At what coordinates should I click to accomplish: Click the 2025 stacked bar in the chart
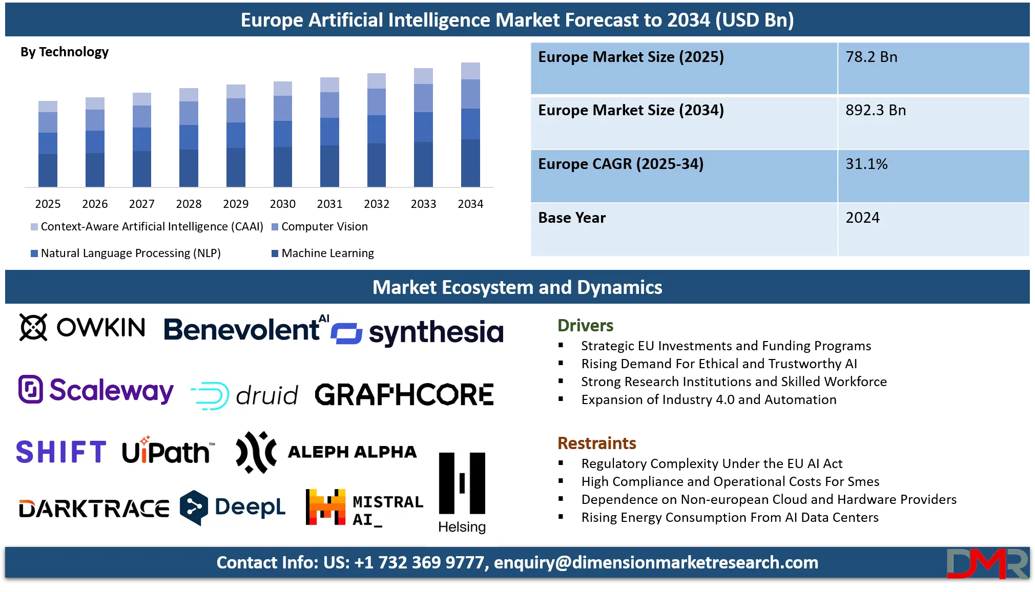click(48, 144)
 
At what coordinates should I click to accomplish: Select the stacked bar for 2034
click(470, 124)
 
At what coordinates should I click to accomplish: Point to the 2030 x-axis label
click(283, 204)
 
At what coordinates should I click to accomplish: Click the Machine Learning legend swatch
click(275, 253)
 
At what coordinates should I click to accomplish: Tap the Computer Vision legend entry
click(320, 226)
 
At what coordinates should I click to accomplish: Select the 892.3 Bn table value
click(876, 110)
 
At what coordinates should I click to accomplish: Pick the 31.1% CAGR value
click(866, 164)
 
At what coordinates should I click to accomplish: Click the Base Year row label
click(572, 218)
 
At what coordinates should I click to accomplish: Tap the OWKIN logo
click(82, 327)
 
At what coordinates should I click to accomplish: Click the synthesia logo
click(417, 332)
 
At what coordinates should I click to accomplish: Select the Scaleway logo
click(96, 390)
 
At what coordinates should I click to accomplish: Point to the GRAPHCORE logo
click(404, 394)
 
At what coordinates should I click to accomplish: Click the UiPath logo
click(169, 451)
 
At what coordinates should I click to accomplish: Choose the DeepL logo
click(233, 508)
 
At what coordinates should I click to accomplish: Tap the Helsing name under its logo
click(462, 527)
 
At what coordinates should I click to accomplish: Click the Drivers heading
click(585, 325)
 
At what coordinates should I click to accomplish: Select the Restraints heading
click(597, 443)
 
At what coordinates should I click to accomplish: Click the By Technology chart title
click(65, 52)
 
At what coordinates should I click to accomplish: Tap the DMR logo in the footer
click(987, 563)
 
